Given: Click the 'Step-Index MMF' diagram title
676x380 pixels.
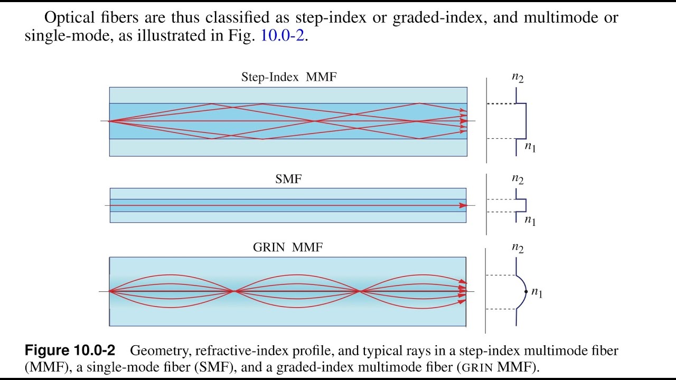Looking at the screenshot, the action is (x=289, y=77).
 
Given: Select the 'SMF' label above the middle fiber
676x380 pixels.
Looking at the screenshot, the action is (x=288, y=179).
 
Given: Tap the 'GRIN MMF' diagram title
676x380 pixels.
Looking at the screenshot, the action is (x=288, y=248).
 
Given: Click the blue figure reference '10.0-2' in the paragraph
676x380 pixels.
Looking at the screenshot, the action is (x=283, y=35).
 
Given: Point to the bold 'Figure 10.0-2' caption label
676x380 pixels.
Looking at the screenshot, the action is (x=70, y=350).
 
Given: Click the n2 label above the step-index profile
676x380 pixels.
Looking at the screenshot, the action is (x=518, y=78).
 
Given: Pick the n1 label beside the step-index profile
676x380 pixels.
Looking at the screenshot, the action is (x=530, y=147).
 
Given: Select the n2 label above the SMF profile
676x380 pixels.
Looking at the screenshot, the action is (x=518, y=179).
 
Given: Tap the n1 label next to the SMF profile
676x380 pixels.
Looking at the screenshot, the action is (x=530, y=221).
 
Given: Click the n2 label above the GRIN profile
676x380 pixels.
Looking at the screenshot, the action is (x=518, y=248).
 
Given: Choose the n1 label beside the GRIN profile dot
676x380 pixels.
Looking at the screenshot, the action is (x=537, y=292).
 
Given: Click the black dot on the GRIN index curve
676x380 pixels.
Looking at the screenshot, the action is (x=526, y=292).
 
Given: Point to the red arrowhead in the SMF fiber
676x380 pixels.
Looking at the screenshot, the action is (x=463, y=206).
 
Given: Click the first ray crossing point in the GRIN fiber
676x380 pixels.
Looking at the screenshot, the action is (x=234, y=291).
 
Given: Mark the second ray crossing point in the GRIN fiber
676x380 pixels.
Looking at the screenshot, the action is (x=360, y=291).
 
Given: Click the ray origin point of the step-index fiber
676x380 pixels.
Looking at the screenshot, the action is (x=109, y=121).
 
